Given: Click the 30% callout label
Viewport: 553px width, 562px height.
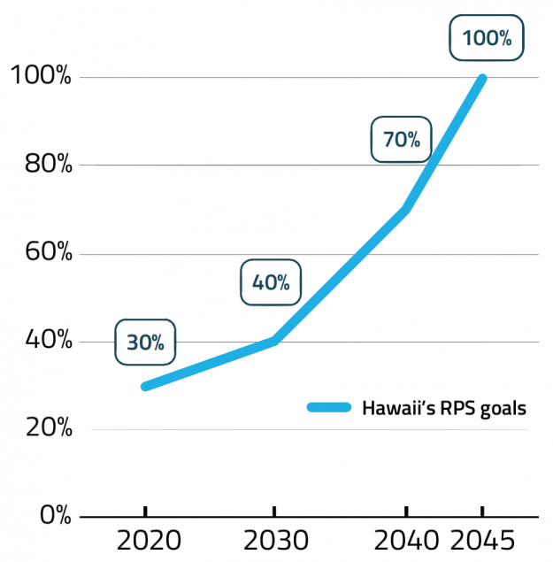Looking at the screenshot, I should pos(145,343).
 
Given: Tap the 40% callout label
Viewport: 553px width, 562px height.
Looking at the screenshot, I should pos(271,282).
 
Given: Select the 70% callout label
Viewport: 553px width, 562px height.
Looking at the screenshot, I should pos(401,139).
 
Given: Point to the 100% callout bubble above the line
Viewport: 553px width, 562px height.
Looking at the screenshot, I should pos(487,38).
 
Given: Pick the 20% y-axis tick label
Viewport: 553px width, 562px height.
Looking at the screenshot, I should pos(41,429).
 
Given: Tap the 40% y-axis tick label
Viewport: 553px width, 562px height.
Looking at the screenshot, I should pos(41,342).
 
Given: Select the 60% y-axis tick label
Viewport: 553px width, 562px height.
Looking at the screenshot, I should pos(41,253).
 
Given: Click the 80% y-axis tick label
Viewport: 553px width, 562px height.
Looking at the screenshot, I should pos(41,165).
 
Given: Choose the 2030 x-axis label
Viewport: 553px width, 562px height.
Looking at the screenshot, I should pos(274,541).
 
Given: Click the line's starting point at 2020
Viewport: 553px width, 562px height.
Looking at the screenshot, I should pos(145,386).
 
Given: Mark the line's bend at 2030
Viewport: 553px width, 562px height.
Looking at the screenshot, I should pos(274,341).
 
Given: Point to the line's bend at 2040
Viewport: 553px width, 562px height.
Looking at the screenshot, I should pos(405,210).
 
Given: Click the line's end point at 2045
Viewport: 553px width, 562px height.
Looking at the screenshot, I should pos(482,79).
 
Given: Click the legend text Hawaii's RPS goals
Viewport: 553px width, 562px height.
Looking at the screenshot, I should pos(444,408).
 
